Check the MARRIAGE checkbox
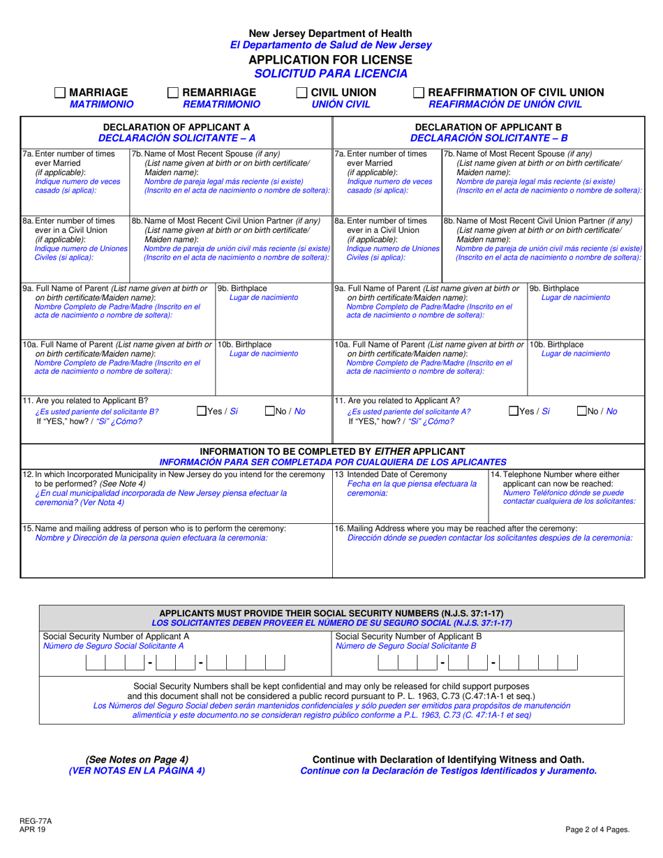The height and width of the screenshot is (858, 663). (x=60, y=93)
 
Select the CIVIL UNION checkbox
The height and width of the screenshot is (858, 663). (x=302, y=93)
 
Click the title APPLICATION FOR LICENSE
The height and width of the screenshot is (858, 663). (x=331, y=59)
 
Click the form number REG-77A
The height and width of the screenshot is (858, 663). (x=36, y=822)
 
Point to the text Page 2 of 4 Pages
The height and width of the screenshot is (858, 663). (x=597, y=830)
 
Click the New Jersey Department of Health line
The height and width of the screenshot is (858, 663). (x=331, y=33)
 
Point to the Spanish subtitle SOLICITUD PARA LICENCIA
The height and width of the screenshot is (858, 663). (x=331, y=73)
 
